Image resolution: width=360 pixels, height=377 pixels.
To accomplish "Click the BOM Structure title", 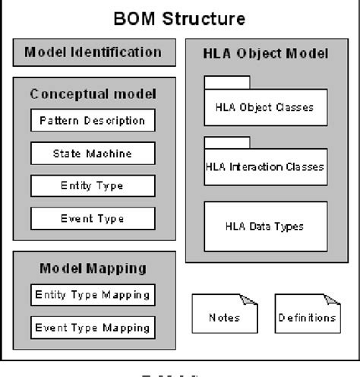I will coord(179,18).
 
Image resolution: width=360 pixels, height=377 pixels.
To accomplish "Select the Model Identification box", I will coord(93,52).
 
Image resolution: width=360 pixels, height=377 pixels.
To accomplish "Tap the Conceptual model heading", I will coord(93,94).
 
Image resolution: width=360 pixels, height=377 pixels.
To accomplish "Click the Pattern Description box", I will coord(93,121).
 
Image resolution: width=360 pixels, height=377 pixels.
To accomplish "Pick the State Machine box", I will coord(93,154).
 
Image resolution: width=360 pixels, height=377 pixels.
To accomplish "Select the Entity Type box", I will coord(93,186).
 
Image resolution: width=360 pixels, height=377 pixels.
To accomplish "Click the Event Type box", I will coord(93,219).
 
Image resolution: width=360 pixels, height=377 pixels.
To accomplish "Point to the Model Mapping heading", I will coord(93,268).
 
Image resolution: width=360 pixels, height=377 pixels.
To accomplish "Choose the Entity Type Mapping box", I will coord(93,295).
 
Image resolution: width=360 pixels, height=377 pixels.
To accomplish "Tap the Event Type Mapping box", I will coord(93,328).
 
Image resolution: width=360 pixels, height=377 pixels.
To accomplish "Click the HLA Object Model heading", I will coord(266,54).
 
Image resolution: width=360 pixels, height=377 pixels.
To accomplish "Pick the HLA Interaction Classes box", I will coord(266,167).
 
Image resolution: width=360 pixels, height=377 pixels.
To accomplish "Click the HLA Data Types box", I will coord(266,226).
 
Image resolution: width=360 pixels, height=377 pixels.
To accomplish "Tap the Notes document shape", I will coord(223,317).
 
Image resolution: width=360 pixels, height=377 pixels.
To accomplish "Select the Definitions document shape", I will coord(305,317).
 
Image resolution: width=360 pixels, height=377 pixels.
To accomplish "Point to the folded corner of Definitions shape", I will coord(333,300).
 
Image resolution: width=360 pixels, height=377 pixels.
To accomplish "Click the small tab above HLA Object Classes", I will coord(227,83).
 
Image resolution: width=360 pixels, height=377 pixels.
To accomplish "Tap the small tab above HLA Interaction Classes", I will coord(227,143).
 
